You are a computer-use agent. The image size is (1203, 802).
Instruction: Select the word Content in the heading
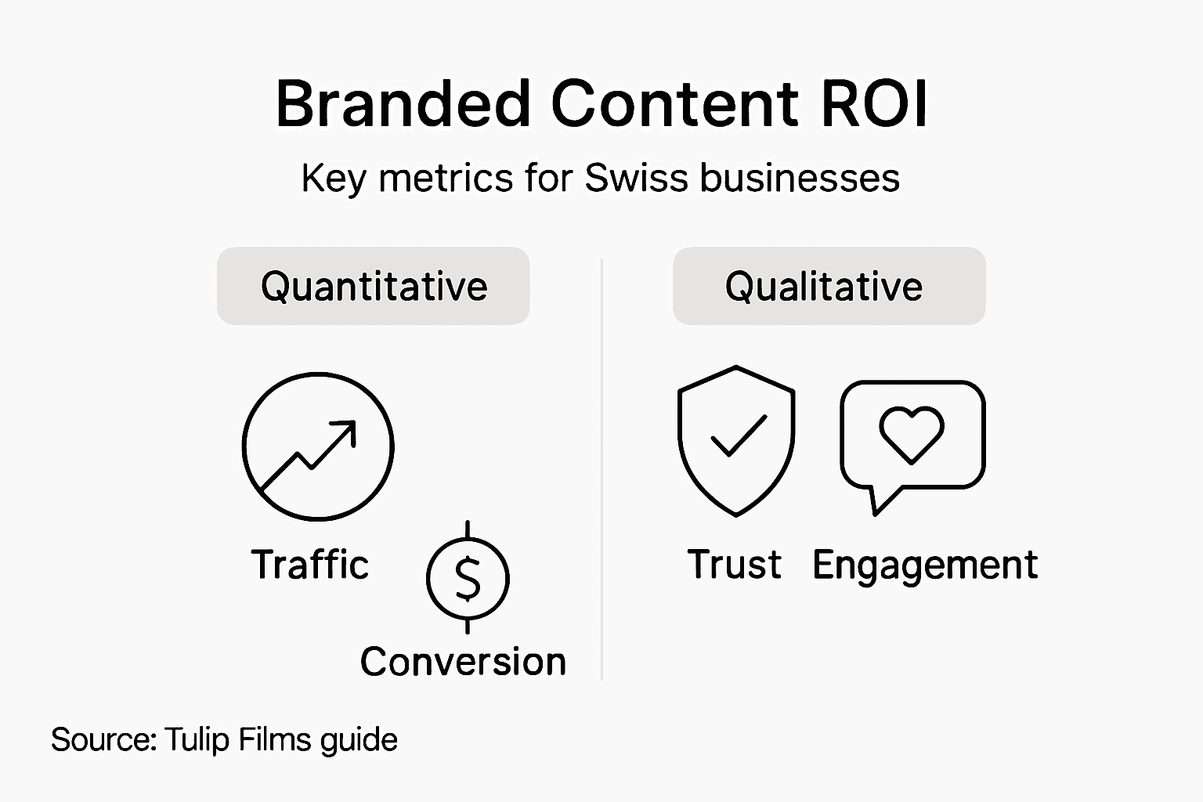tap(675, 104)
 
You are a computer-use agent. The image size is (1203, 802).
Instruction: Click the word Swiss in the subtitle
tap(637, 178)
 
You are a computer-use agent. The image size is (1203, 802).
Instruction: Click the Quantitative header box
tap(374, 286)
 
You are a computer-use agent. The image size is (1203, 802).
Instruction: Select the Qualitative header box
tap(829, 286)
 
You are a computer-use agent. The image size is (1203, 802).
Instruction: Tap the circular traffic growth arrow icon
tap(318, 446)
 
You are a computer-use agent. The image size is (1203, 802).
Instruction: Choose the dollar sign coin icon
tap(468, 578)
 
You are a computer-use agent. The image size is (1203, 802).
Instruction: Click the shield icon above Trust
tap(736, 440)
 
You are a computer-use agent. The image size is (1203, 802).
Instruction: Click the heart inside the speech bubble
tap(912, 433)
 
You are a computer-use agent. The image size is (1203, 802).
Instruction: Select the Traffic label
tap(310, 565)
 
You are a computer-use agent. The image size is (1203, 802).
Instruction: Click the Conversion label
tap(463, 662)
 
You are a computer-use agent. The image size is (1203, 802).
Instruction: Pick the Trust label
tap(734, 565)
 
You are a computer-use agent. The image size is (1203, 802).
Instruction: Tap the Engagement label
tap(925, 565)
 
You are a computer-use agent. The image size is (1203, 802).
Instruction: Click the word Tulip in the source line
tap(196, 739)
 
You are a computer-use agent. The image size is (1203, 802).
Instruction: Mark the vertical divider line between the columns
tap(601, 470)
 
